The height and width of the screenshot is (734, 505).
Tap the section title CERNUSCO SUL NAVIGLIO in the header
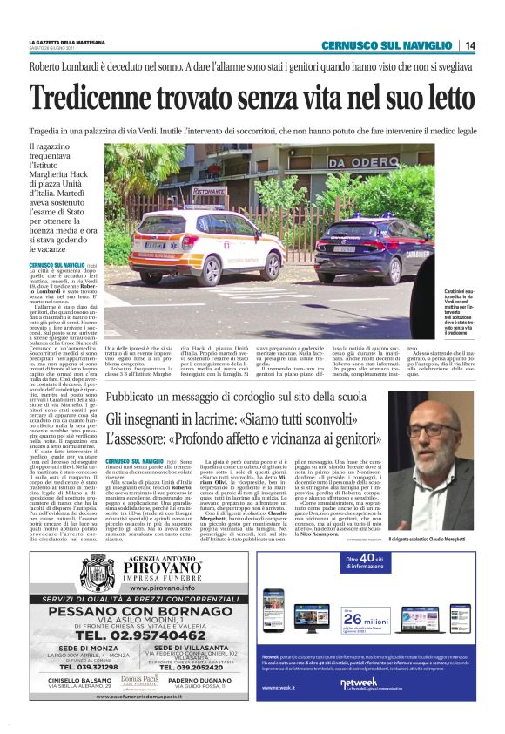387,45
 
